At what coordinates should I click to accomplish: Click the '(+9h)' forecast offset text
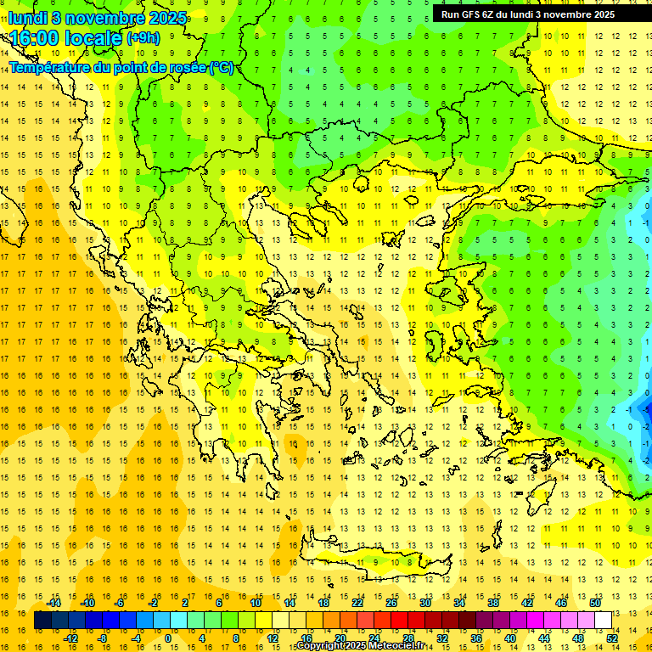(142, 38)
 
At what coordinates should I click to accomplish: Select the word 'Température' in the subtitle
(51, 67)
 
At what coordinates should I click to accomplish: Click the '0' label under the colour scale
(167, 638)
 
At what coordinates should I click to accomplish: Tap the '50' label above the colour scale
(595, 603)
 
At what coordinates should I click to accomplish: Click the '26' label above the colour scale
(391, 603)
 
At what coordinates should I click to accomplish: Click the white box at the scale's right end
(604, 621)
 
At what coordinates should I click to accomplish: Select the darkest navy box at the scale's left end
(42, 621)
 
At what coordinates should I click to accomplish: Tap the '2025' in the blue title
(168, 18)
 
